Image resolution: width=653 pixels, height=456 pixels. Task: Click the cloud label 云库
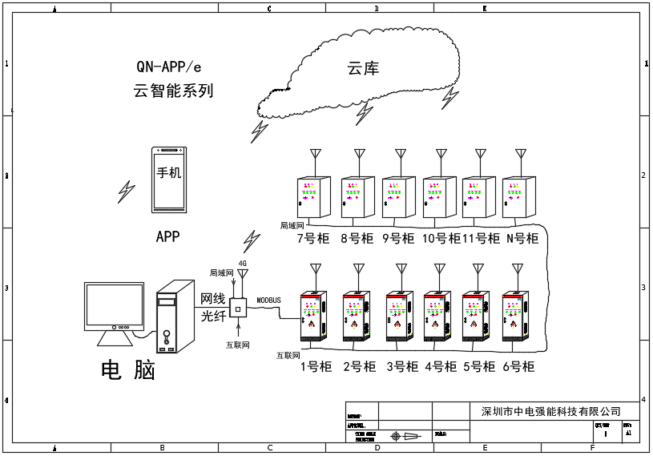pyautogui.click(x=363, y=69)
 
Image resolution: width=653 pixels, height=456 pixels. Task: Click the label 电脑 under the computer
pyautogui.click(x=127, y=369)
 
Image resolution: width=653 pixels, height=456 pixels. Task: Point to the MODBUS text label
pyautogui.click(x=269, y=300)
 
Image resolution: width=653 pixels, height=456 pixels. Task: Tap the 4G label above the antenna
pyautogui.click(x=242, y=263)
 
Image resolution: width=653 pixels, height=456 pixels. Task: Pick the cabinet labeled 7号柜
pyautogui.click(x=313, y=197)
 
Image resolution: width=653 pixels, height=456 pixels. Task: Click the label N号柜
pyautogui.click(x=522, y=238)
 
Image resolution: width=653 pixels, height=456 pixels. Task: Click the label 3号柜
pyautogui.click(x=402, y=367)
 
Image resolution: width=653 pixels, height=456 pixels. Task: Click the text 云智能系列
pyautogui.click(x=173, y=91)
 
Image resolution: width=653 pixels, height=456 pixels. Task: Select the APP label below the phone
pyautogui.click(x=167, y=236)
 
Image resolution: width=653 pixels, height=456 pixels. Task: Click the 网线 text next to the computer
pyautogui.click(x=213, y=299)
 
